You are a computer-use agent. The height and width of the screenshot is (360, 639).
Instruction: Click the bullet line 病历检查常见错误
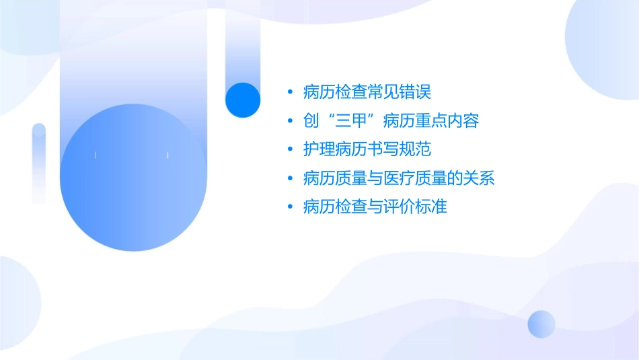point(367,92)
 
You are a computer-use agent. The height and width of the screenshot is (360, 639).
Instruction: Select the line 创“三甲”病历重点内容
point(391,121)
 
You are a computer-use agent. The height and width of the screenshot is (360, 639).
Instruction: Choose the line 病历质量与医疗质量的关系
point(399,178)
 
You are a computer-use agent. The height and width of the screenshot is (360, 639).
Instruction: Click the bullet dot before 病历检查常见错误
point(290,92)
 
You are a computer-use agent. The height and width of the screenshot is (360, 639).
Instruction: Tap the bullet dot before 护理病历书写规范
point(290,150)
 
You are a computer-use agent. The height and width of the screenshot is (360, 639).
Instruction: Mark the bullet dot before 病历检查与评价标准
point(290,207)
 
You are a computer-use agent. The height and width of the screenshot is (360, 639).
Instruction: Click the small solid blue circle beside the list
point(243,100)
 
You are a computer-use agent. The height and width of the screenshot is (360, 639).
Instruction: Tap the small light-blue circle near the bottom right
point(541,324)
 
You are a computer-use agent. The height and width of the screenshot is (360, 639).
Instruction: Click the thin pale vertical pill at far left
point(39,163)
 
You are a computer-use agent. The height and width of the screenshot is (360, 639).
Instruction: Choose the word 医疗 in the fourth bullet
point(399,178)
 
